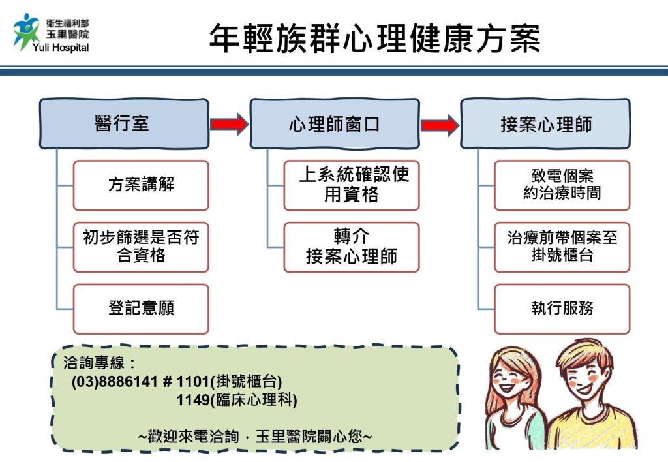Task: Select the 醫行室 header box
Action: click(x=124, y=124)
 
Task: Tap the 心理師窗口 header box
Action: click(x=335, y=124)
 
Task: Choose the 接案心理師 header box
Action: click(x=545, y=124)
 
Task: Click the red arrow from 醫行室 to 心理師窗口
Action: click(x=229, y=123)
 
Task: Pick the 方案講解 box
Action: click(x=141, y=185)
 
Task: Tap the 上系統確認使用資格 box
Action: click(x=352, y=185)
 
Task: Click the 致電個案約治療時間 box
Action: click(x=562, y=185)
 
